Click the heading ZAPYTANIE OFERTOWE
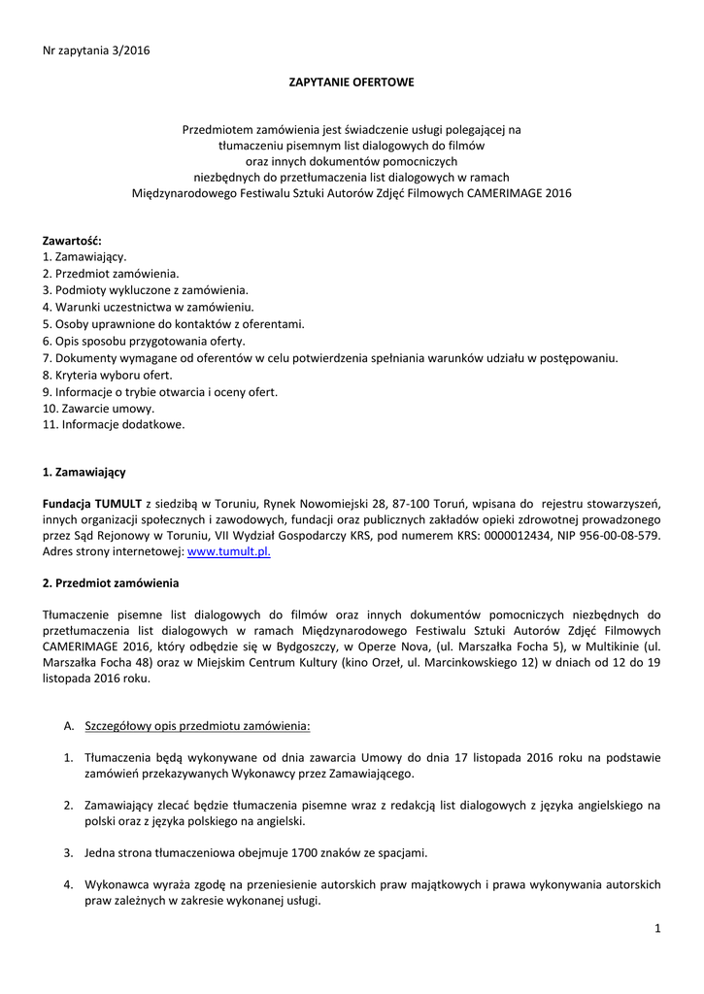[x=352, y=83]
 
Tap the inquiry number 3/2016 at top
[x=130, y=50]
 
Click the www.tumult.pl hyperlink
[x=228, y=551]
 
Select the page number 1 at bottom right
[x=657, y=929]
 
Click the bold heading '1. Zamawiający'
[x=84, y=472]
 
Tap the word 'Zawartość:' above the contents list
[x=71, y=240]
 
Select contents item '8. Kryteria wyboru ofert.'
[x=108, y=375]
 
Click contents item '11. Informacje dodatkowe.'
[x=114, y=424]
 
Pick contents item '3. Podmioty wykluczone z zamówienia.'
[x=146, y=290]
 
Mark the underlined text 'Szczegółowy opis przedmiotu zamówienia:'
[x=198, y=725]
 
